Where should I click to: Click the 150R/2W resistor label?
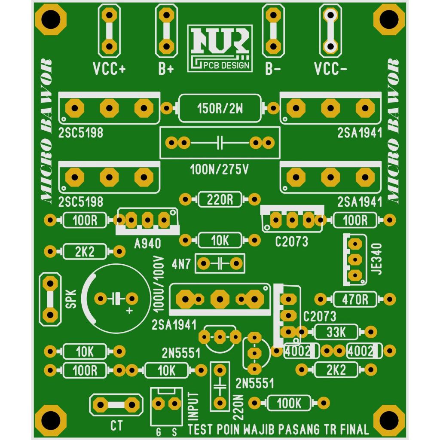pos(220,109)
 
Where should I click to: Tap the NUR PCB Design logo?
pos(220,49)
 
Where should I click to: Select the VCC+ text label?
pos(109,69)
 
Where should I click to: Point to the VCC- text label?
pos(330,69)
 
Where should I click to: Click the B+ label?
pos(166,69)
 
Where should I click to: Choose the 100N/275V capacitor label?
pos(220,169)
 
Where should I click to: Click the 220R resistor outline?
pos(220,199)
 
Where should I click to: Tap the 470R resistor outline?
pos(355,299)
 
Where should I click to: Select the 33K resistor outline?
pos(336,332)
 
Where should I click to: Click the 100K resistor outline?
pos(289,403)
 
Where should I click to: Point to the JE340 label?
pos(376,259)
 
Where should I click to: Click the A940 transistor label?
pos(148,244)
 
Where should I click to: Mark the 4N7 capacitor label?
pos(181,264)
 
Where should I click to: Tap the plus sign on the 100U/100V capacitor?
pos(129,311)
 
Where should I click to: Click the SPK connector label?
pos(71,299)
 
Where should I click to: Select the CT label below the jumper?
pos(116,426)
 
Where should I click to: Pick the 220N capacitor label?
pos(238,407)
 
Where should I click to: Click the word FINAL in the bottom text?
pos(354,429)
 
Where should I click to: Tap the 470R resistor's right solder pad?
pos(389,299)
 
